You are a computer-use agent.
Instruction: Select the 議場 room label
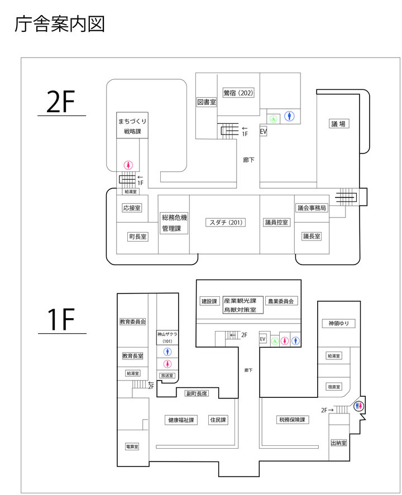338,124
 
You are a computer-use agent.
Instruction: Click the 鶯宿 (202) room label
238,93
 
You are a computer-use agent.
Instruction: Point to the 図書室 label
206,102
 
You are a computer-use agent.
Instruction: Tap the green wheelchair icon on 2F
274,118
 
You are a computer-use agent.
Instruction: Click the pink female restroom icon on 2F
128,165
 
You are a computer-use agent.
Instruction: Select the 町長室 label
137,237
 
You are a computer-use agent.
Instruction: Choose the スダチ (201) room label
224,223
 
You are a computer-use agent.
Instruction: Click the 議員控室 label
276,223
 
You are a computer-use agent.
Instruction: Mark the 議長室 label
312,236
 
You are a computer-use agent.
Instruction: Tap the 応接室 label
132,208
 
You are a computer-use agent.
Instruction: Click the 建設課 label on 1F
209,301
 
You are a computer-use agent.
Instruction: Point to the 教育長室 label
132,355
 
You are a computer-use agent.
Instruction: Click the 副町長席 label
197,393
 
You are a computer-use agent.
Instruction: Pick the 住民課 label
218,420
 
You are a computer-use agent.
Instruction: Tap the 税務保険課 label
293,420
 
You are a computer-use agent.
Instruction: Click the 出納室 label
338,443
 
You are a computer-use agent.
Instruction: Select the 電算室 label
132,446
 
